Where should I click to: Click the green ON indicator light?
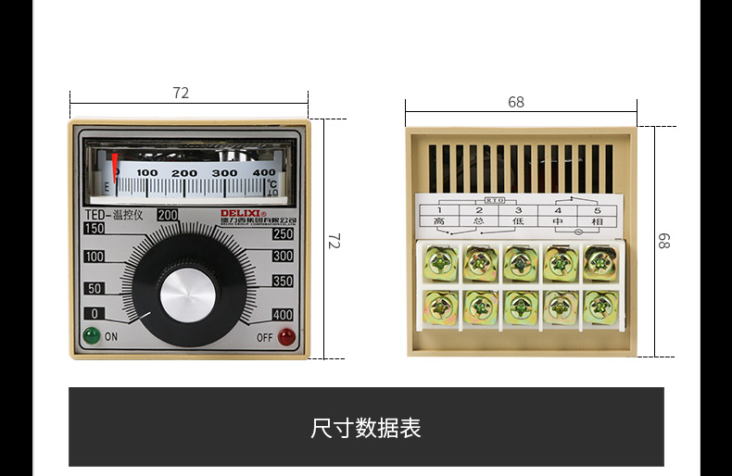(x=91, y=335)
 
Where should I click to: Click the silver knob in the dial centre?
(x=187, y=295)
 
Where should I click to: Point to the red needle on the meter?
(x=116, y=169)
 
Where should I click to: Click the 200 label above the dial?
(x=168, y=215)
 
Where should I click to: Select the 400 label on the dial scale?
(x=283, y=315)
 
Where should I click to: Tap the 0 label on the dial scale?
(x=94, y=314)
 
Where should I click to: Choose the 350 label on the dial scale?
(x=283, y=282)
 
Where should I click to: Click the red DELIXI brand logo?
(x=242, y=213)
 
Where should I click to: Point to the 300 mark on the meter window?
(x=223, y=173)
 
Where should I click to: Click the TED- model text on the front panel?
(x=86, y=214)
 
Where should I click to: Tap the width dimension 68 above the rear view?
(x=516, y=103)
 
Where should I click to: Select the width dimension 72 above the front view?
(x=181, y=94)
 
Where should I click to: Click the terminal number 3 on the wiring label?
(x=518, y=211)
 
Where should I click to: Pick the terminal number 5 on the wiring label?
(x=598, y=211)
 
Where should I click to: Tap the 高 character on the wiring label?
(x=438, y=222)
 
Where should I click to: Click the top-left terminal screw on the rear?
(x=440, y=262)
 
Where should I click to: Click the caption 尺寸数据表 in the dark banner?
(x=366, y=429)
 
